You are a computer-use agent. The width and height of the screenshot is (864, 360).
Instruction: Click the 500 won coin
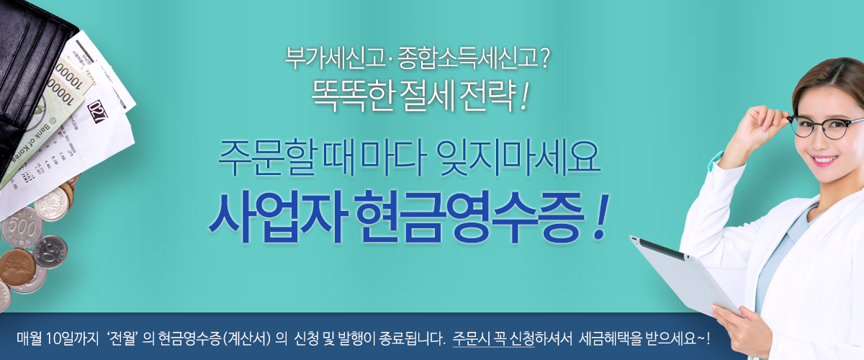point(22,228)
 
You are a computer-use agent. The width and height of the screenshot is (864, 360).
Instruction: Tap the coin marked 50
point(50,251)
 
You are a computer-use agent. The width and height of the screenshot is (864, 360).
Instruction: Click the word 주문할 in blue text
point(267,158)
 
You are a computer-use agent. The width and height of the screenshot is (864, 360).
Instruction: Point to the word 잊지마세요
point(517,158)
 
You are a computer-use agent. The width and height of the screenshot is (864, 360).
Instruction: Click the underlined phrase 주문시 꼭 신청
point(493,339)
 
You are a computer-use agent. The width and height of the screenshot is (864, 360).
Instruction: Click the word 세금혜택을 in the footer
point(611,339)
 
